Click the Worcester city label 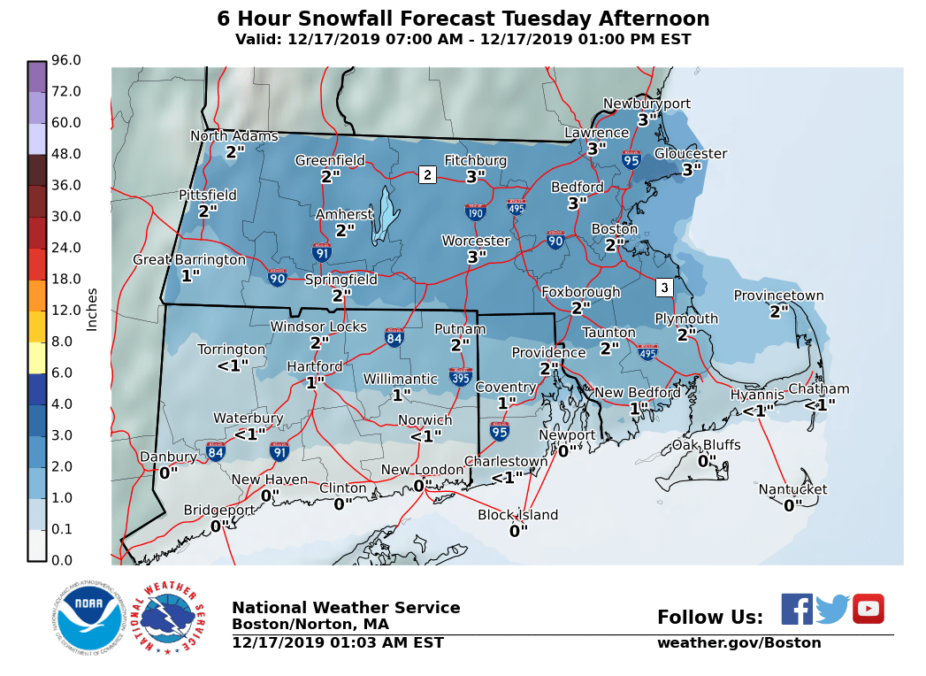coord(476,241)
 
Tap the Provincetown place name coord(778,296)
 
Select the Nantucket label coord(792,489)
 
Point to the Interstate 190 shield coord(475,211)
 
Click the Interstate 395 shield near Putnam coord(460,377)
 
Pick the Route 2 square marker coord(427,174)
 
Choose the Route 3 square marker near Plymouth coord(664,288)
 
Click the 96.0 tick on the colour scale coord(66,60)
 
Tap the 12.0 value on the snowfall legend coord(66,310)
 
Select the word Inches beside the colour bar coord(92,309)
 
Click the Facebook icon coord(796,609)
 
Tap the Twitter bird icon coord(832,609)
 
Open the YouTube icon coord(868,609)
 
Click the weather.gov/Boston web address coord(739,643)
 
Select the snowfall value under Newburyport coord(647,119)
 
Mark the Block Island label coord(517,515)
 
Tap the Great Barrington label coord(189,259)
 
